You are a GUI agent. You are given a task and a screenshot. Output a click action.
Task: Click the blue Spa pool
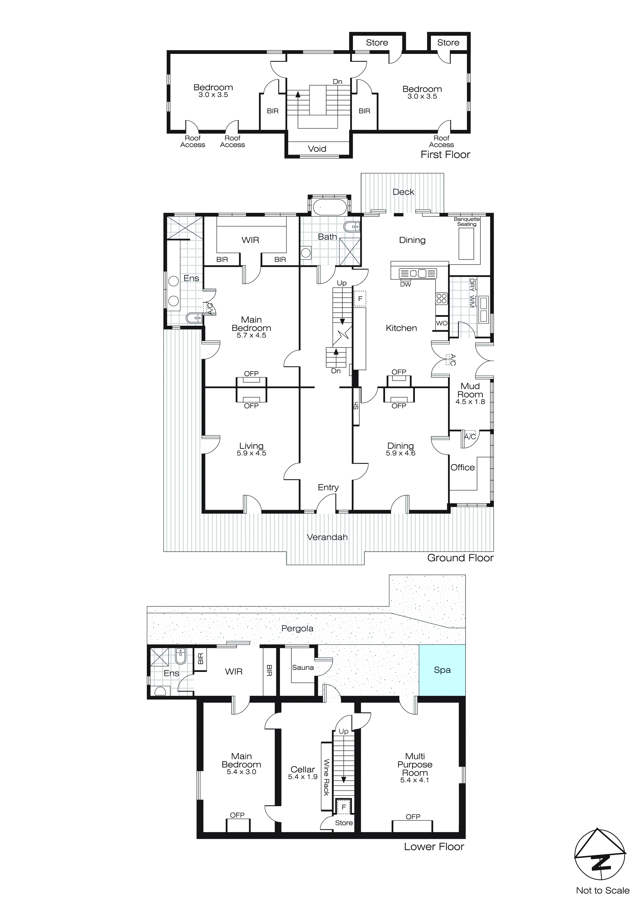442,670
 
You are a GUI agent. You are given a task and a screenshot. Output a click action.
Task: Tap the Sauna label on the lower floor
303,668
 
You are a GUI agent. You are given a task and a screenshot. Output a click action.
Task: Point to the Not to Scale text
602,890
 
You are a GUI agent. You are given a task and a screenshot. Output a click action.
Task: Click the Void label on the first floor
317,149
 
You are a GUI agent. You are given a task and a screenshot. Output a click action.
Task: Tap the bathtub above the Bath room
330,207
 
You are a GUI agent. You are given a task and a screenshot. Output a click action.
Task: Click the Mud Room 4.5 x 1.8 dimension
470,401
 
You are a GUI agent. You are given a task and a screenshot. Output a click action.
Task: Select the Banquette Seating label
467,222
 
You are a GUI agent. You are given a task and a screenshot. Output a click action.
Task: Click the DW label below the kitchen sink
406,284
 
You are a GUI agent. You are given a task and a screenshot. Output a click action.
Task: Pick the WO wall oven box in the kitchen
442,323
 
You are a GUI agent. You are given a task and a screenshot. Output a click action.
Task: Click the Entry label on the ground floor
328,487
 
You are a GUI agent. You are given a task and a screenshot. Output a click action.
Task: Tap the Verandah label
327,537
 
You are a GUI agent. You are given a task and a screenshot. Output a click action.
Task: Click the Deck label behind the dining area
403,192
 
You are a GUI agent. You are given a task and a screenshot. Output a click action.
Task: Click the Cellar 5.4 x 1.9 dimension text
303,777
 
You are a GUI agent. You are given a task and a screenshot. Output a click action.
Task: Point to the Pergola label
297,628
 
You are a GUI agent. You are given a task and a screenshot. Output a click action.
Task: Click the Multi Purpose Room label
415,764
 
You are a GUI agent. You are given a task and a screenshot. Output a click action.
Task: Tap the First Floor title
445,155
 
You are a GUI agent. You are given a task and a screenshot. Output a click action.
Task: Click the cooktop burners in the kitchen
442,299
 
